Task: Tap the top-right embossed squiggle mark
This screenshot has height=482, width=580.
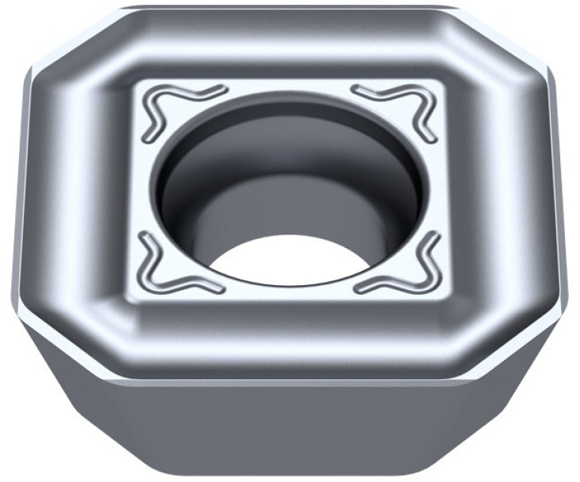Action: pyautogui.click(x=398, y=106)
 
